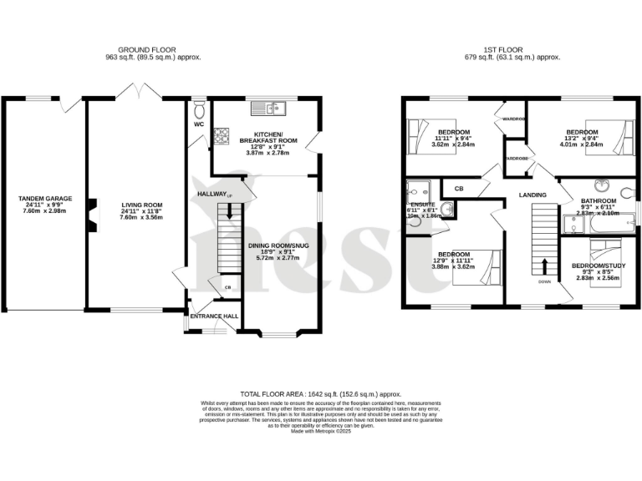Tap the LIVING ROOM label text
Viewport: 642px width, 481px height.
pos(140,204)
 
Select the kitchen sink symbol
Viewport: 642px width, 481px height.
pos(273,107)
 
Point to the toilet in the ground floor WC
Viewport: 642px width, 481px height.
pos(199,111)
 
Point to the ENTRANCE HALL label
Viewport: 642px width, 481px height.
pos(214,316)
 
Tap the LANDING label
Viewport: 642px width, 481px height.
pos(532,195)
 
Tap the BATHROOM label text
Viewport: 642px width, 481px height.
pos(599,201)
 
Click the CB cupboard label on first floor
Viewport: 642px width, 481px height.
pos(459,190)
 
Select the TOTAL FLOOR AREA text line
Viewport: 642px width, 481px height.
pos(321,393)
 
